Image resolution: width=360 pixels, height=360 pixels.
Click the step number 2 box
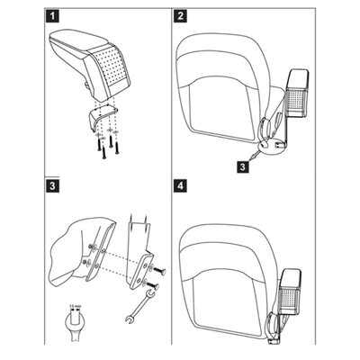click(182, 16)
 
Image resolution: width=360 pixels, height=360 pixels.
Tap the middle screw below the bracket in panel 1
click(103, 144)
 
